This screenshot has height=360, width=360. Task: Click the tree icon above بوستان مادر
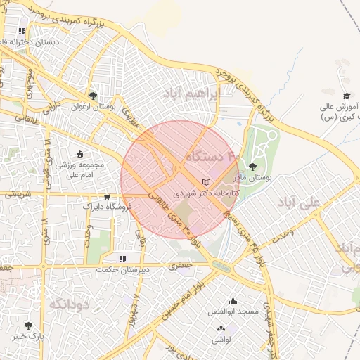tap(252, 167)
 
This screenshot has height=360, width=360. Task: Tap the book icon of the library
tap(205, 182)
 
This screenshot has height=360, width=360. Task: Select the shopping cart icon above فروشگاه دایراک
tap(106, 197)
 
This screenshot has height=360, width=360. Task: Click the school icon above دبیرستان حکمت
tap(122, 259)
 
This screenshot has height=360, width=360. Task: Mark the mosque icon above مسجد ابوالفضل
tap(233, 300)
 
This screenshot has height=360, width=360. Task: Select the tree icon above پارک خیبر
tap(28, 326)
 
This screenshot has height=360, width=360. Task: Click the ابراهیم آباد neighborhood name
tap(192, 94)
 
